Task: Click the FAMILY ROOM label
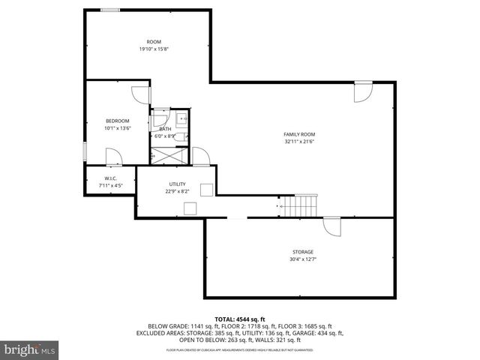pos(299,134)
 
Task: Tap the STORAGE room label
pos(302,252)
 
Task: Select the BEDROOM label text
pos(117,121)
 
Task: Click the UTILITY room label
pos(176,184)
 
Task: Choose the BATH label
pos(164,129)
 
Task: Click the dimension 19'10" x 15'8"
pos(153,49)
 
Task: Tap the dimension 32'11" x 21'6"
pos(299,142)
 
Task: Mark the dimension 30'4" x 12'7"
pos(302,259)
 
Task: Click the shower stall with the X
pos(164,156)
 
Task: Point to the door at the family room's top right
pos(363,91)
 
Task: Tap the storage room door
pos(331,226)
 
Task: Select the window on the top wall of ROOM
pos(110,10)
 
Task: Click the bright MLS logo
pos(29,349)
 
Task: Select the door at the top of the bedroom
pos(140,94)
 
